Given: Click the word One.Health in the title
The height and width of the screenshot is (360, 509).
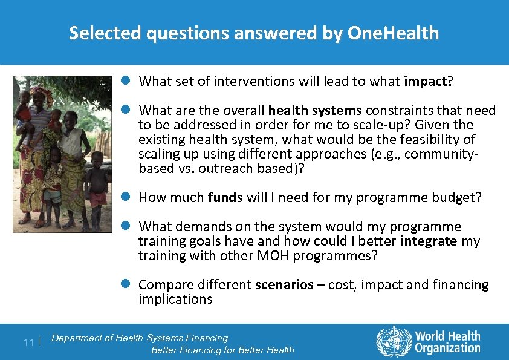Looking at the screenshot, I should tap(394, 33).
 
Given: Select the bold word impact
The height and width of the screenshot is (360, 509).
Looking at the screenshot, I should tap(427, 82).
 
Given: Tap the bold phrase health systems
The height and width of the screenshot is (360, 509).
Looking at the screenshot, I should tap(314, 111).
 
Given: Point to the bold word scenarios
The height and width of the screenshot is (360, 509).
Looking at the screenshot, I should tap(284, 285).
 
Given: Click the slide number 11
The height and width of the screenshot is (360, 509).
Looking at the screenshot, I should tap(28, 342).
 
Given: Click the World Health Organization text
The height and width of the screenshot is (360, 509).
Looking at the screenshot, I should tap(447, 342).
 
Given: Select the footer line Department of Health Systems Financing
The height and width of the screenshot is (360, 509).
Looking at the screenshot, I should tap(140, 338).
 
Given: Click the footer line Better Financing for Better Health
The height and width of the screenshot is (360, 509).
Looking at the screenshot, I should tap(222, 350).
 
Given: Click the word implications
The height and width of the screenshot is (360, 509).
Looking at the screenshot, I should tap(175, 299).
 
